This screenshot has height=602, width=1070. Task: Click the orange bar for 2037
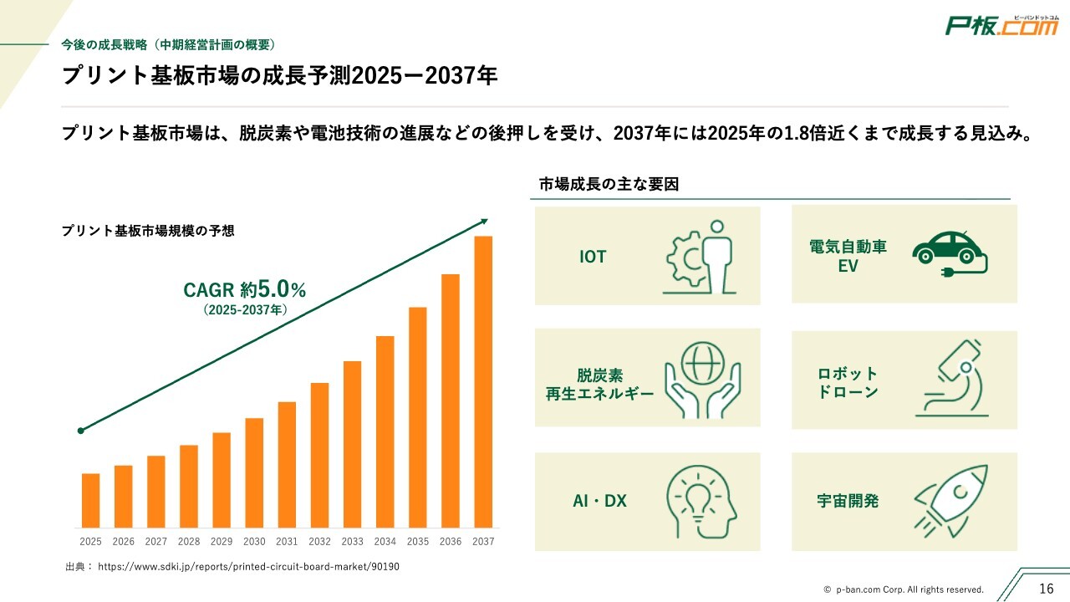coord(483,381)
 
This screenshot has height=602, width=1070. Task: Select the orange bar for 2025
coord(90,500)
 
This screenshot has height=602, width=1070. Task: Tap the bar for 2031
coord(287,464)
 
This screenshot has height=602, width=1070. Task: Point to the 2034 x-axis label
coord(385,542)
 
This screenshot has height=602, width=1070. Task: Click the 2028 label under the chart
coord(189,542)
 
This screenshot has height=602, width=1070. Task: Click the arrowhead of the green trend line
coord(484,221)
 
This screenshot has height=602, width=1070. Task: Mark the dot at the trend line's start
coord(80,431)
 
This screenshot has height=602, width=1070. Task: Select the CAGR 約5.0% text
coord(245,290)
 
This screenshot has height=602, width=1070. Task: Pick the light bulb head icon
coord(701,502)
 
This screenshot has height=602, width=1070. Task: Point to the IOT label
coord(593,257)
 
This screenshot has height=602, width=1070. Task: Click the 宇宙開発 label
coord(848,502)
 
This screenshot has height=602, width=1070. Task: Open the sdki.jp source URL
coord(248,567)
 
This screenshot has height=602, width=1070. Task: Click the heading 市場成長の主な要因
coord(608,184)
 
